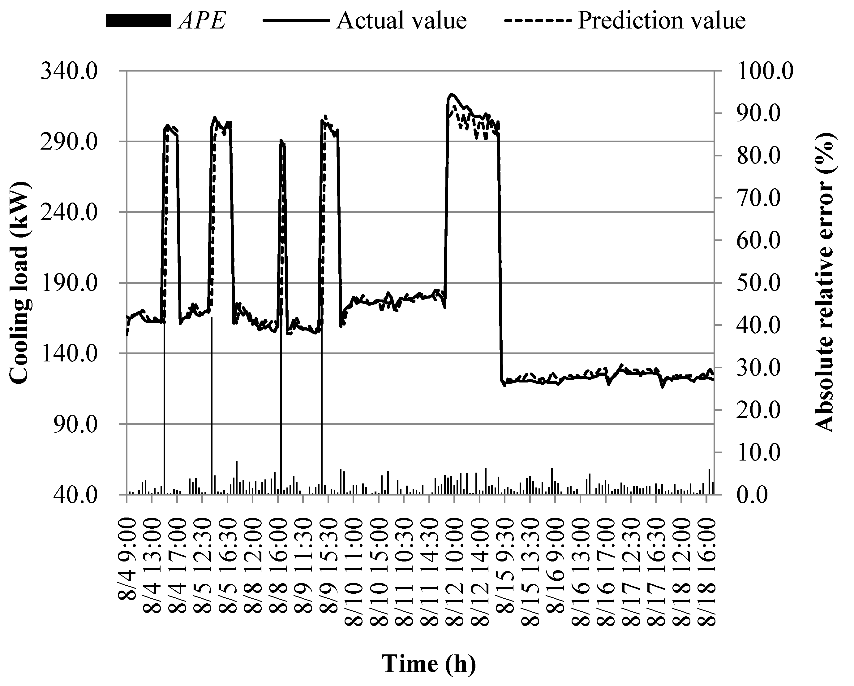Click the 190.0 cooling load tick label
[69, 283]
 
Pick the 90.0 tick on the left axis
[75, 424]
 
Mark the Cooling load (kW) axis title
[19, 282]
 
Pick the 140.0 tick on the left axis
[69, 354]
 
